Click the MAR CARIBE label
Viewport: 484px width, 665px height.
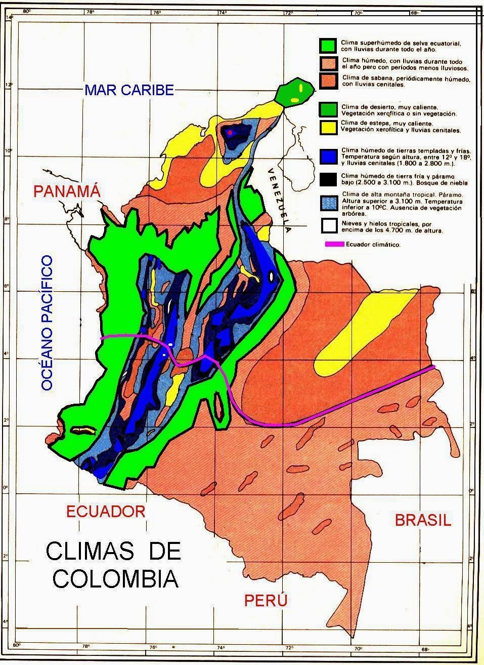[x=129, y=90]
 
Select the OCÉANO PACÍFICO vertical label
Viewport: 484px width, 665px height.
[x=47, y=323]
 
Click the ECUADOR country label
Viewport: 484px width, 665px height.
[x=106, y=511]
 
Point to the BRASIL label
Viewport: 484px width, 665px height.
[x=423, y=520]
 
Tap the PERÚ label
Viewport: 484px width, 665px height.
[x=266, y=601]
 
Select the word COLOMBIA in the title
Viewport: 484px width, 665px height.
[x=116, y=579]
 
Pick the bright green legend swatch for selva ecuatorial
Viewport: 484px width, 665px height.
[x=328, y=46]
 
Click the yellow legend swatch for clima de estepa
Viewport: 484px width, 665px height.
[x=328, y=127]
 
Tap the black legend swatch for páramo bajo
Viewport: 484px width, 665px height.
[x=328, y=179]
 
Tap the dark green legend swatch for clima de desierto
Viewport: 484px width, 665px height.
[x=328, y=109]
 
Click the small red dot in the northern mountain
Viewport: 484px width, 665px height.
[x=230, y=132]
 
